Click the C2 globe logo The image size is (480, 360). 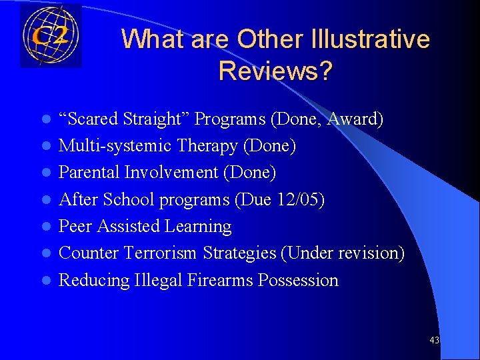[x=51, y=36]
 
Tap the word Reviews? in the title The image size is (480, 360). [x=275, y=71]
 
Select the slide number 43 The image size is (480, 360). [x=434, y=340]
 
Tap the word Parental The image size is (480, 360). [x=89, y=173]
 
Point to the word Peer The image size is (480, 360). [x=75, y=227]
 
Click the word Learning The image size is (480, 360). [x=200, y=227]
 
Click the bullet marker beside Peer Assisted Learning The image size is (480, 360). [x=45, y=227]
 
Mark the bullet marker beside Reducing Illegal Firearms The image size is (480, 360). [x=45, y=281]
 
